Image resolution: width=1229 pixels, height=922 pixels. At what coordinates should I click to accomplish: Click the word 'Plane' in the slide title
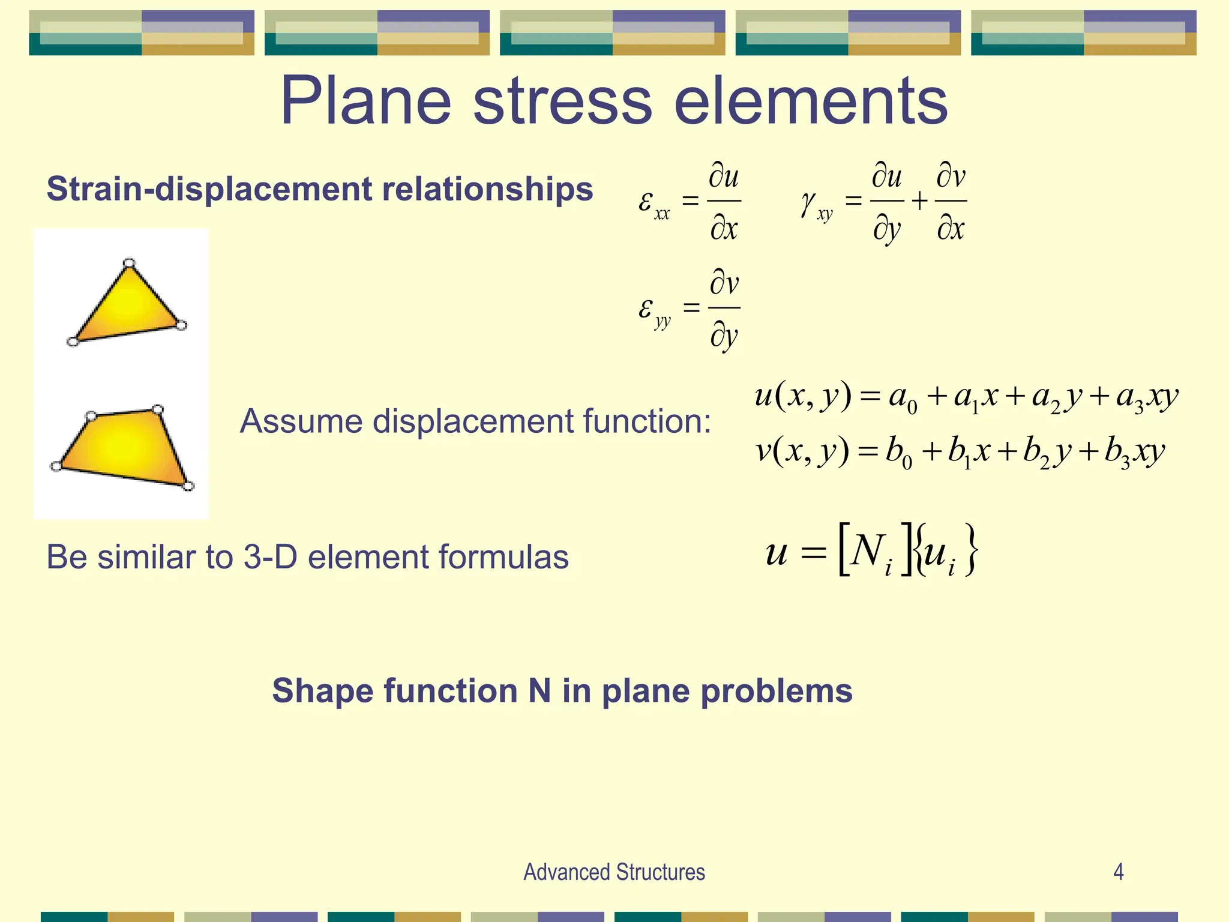pyautogui.click(x=365, y=101)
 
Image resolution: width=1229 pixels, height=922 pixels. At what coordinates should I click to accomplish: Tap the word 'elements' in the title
pyautogui.click(x=811, y=101)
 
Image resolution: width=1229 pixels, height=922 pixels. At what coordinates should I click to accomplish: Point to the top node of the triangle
pyautogui.click(x=129, y=263)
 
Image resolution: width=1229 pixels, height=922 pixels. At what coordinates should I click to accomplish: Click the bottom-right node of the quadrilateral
pyautogui.click(x=188, y=486)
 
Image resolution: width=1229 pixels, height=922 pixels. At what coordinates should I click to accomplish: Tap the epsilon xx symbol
pyautogui.click(x=653, y=204)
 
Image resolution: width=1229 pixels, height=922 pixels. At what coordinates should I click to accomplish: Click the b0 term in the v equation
pyautogui.click(x=898, y=453)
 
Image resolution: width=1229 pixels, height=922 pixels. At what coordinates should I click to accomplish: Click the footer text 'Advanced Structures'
pyautogui.click(x=614, y=872)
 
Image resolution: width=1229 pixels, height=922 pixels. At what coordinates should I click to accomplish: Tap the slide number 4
pyautogui.click(x=1119, y=872)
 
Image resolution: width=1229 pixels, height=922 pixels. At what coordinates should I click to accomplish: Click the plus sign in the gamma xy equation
pyautogui.click(x=919, y=201)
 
